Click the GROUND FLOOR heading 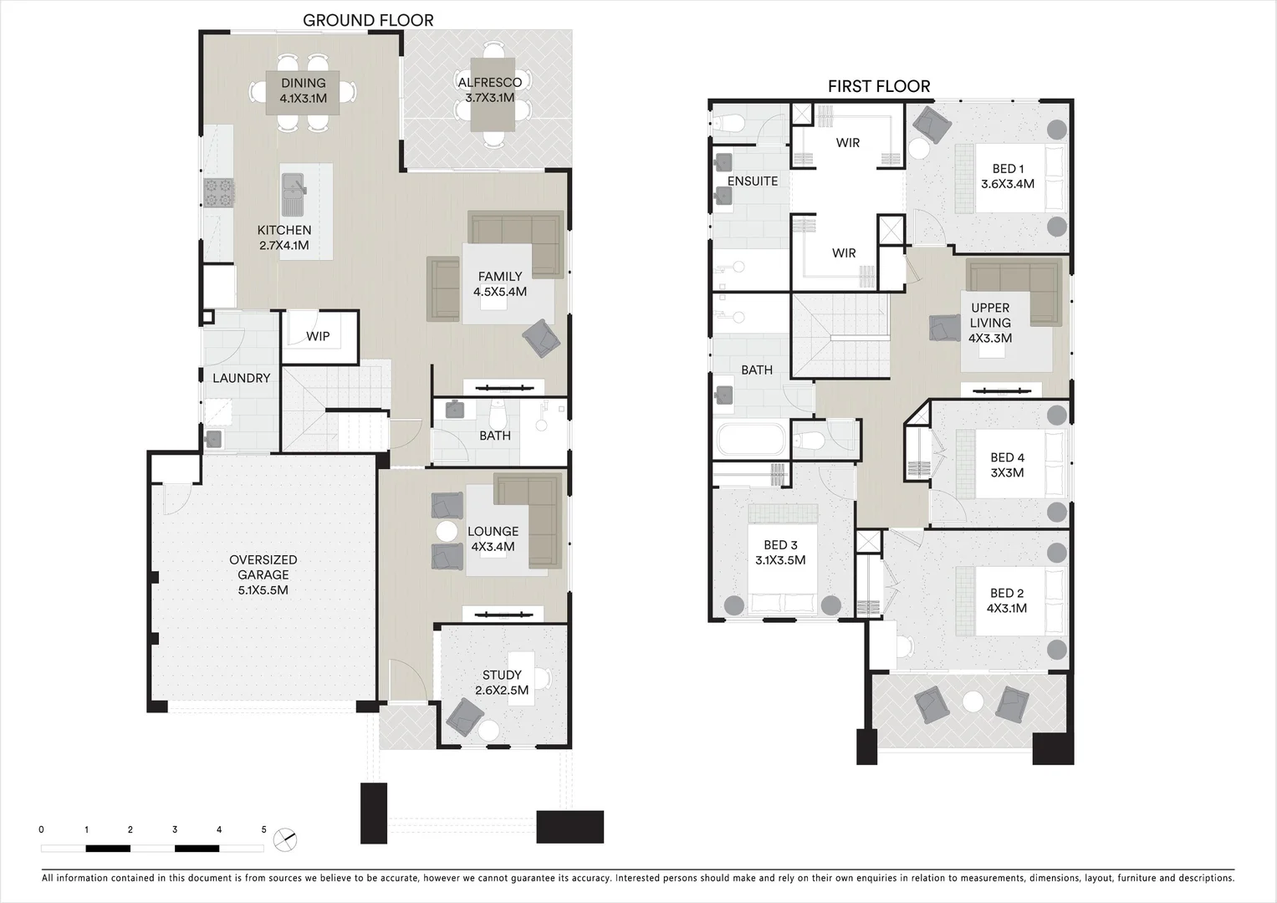pyautogui.click(x=368, y=20)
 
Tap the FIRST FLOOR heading pyautogui.click(x=879, y=86)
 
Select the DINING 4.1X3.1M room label pyautogui.click(x=303, y=90)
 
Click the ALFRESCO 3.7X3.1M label pyautogui.click(x=489, y=89)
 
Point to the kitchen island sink pyautogui.click(x=294, y=193)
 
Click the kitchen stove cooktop pyautogui.click(x=218, y=193)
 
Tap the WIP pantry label pyautogui.click(x=318, y=336)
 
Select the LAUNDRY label pyautogui.click(x=241, y=378)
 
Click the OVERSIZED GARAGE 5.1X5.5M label pyautogui.click(x=263, y=574)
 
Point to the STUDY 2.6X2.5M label pyautogui.click(x=502, y=682)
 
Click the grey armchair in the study pyautogui.click(x=464, y=717)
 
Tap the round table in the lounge pyautogui.click(x=447, y=531)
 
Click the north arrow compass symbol pyautogui.click(x=286, y=839)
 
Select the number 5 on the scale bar pyautogui.click(x=263, y=829)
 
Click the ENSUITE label pyautogui.click(x=752, y=181)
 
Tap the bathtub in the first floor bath pyautogui.click(x=750, y=438)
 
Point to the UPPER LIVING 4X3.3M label pyautogui.click(x=990, y=323)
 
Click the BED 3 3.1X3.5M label pyautogui.click(x=779, y=553)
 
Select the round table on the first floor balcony pyautogui.click(x=973, y=702)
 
